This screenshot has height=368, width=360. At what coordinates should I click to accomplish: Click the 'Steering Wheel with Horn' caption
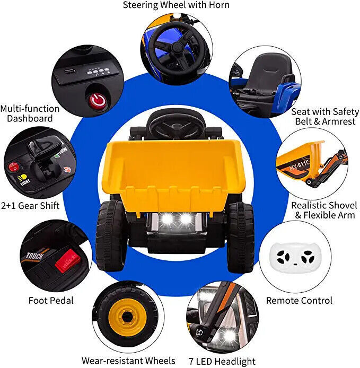coord(177,5)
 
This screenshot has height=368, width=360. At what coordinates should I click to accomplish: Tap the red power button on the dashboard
coord(96,99)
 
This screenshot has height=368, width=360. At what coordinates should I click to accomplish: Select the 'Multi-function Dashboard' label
coord(30,113)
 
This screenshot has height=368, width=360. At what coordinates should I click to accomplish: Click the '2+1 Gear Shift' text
coord(30,205)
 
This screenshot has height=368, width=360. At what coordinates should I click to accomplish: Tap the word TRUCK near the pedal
coord(36,257)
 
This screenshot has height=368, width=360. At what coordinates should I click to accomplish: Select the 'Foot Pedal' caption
coord(51,301)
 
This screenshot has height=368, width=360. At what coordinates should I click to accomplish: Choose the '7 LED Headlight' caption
coord(222,361)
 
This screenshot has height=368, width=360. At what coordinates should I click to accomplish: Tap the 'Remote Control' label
coord(299,301)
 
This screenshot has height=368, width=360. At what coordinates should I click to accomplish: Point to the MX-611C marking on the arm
coord(301,169)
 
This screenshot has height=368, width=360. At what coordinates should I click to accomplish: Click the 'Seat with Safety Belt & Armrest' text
coord(325,117)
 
